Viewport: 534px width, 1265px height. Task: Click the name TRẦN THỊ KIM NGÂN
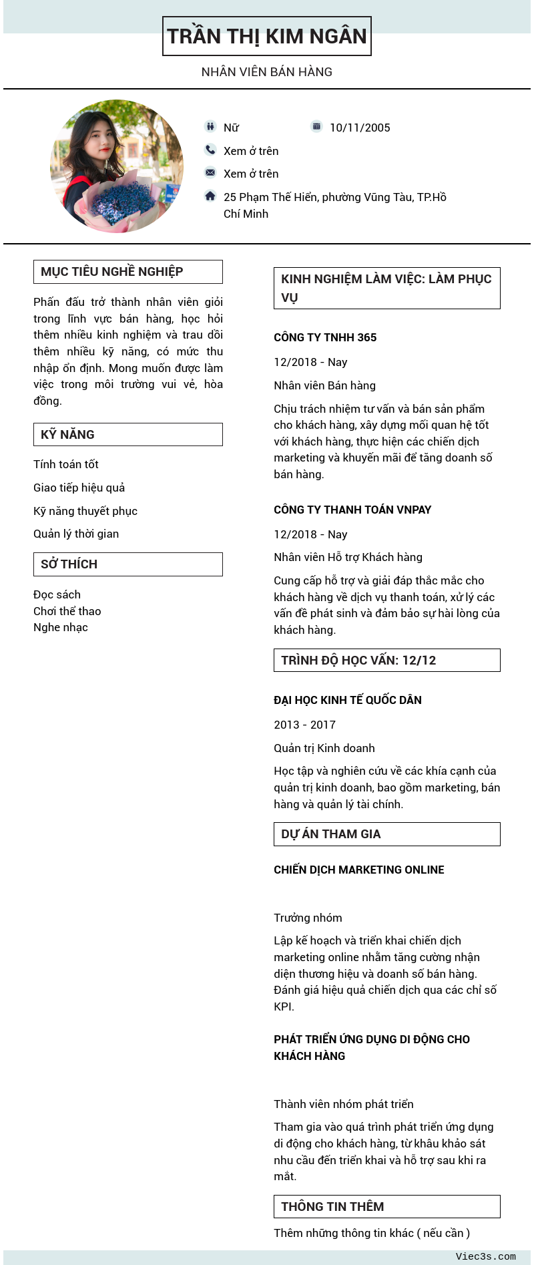point(267,36)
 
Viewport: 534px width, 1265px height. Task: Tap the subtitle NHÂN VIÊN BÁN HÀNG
point(267,71)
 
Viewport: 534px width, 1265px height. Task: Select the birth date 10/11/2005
point(360,128)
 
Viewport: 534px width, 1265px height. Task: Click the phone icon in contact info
point(210,150)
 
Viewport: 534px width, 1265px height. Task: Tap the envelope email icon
point(210,172)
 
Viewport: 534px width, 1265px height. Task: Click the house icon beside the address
point(210,196)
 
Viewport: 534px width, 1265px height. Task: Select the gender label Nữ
point(231,128)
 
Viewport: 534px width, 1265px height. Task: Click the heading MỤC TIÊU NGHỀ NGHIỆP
point(112,272)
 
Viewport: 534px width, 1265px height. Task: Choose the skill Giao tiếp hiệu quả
point(79,488)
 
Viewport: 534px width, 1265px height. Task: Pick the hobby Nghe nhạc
point(61,627)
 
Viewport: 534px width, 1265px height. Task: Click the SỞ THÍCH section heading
point(69,564)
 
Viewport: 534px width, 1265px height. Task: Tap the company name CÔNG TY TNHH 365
point(325,337)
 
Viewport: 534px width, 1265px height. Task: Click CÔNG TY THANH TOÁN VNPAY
point(352,510)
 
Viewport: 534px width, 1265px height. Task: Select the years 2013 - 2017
point(304,725)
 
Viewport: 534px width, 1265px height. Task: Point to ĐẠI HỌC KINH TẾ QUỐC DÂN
point(348,700)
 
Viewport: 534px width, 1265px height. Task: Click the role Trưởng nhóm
point(308,918)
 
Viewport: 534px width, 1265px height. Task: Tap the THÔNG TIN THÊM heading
point(332,1207)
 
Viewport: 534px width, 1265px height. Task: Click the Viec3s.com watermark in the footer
point(485,1256)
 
